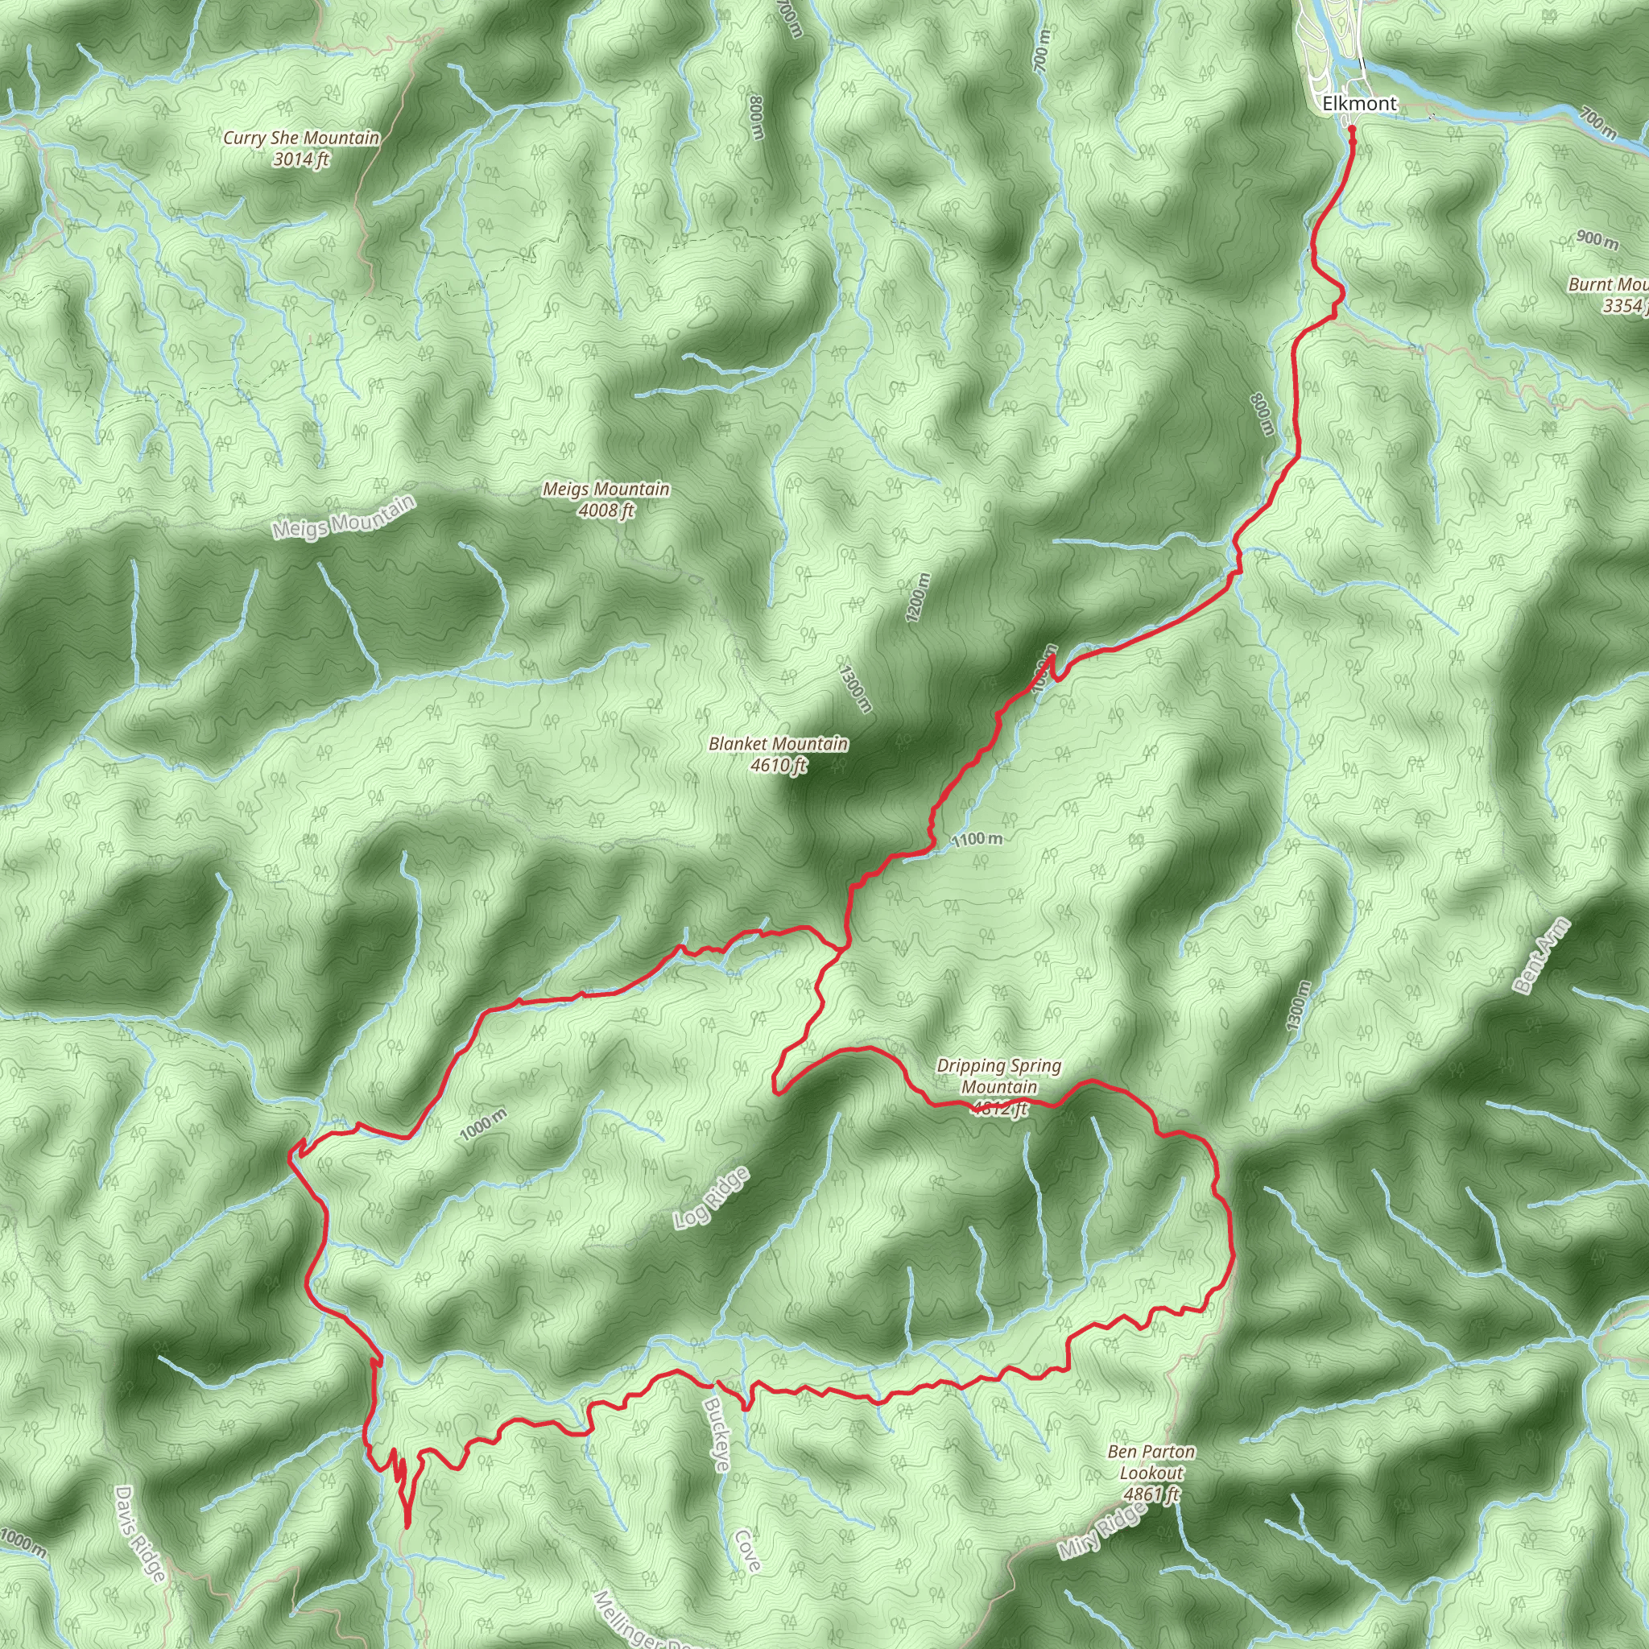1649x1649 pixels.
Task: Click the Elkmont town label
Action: click(x=1360, y=104)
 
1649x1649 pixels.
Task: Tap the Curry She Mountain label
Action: click(x=301, y=138)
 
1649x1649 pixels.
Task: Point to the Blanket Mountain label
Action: click(x=779, y=744)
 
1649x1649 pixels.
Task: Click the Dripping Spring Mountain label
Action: click(x=998, y=1077)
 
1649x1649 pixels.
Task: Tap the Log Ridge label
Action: click(x=712, y=1198)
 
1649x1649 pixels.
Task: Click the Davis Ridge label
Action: click(x=139, y=1534)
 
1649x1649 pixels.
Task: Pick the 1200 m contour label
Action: click(x=919, y=597)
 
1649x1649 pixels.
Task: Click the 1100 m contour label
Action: click(x=977, y=840)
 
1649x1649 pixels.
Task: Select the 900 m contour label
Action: click(x=1596, y=240)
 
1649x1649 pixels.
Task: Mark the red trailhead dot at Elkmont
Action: click(x=1352, y=130)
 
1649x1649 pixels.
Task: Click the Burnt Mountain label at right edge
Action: click(x=1609, y=285)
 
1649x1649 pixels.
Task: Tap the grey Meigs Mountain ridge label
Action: click(x=344, y=517)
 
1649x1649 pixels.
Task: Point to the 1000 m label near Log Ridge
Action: click(x=483, y=1124)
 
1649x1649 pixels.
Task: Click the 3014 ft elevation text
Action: click(x=301, y=159)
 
